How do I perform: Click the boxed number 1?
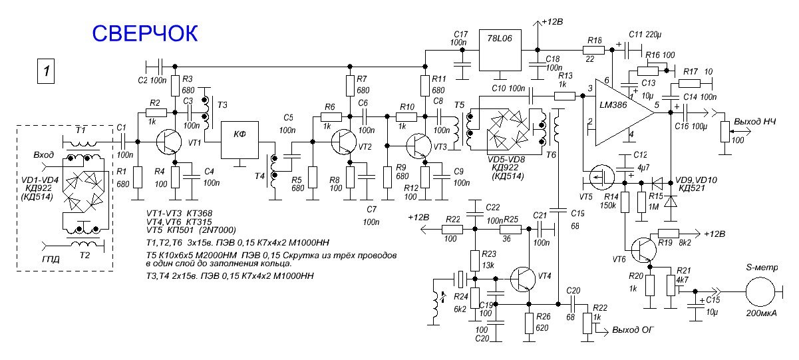(x=45, y=71)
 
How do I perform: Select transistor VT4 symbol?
(x=524, y=279)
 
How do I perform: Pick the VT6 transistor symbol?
(x=643, y=250)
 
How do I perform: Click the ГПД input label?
(x=51, y=258)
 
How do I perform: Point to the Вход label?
(x=44, y=154)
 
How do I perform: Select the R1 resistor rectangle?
(x=138, y=176)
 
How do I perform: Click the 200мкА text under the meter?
(x=760, y=314)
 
